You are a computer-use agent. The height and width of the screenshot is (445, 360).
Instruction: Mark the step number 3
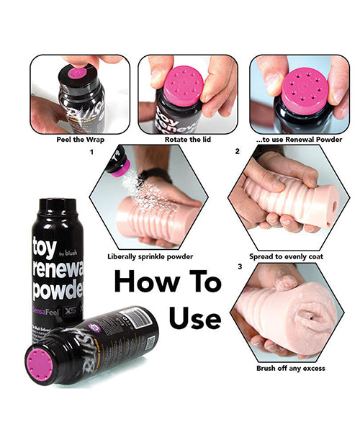coord(238,268)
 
